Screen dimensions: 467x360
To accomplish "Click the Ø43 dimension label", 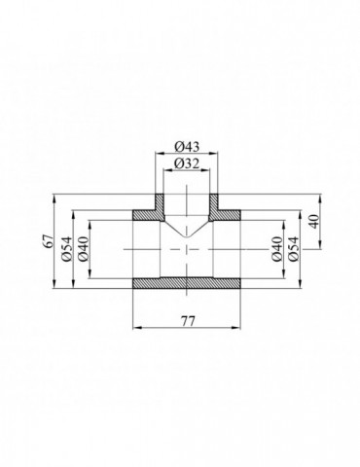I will [x=188, y=147].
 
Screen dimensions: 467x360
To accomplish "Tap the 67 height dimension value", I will [x=50, y=241].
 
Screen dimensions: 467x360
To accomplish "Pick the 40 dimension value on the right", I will [x=312, y=222].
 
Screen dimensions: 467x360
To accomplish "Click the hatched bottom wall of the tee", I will [x=187, y=285].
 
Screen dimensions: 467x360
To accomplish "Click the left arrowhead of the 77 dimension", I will [x=135, y=326].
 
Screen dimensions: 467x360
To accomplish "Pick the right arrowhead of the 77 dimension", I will [x=239, y=326].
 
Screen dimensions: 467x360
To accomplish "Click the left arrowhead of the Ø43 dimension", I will [x=161, y=154].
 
